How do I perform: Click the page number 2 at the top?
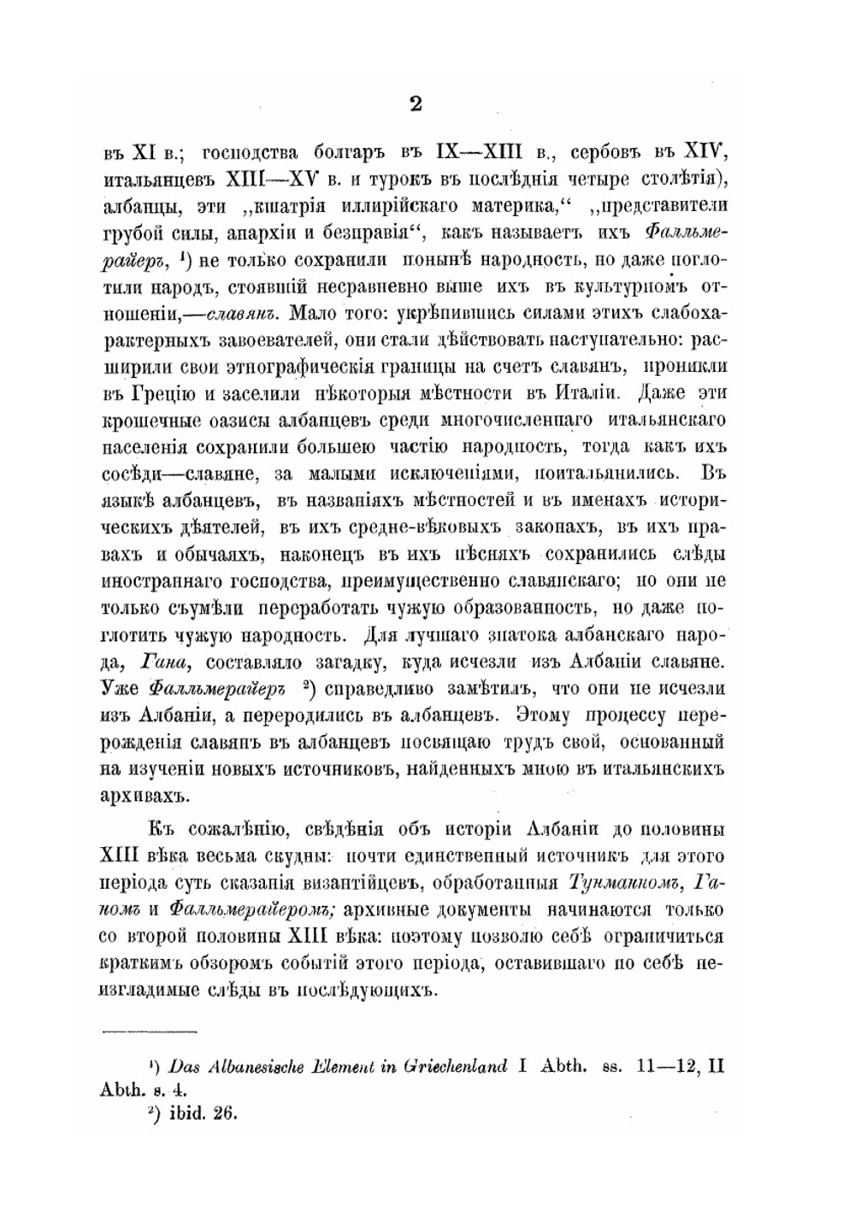pyautogui.click(x=416, y=104)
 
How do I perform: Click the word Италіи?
pyautogui.click(x=572, y=394)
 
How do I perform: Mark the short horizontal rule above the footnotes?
pyautogui.click(x=150, y=1032)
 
